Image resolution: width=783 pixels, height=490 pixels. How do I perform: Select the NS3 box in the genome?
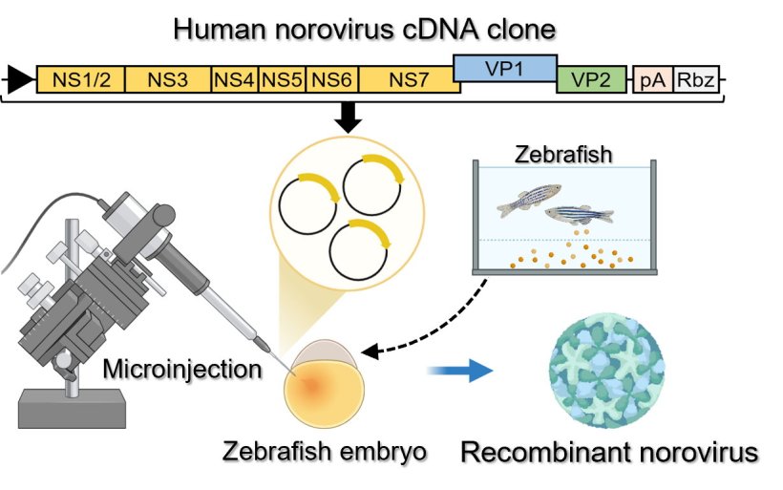(168, 80)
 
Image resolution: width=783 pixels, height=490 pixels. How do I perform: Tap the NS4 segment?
(235, 80)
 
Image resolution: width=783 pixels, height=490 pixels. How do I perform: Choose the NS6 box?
(332, 80)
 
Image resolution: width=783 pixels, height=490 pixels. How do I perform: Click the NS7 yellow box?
(409, 80)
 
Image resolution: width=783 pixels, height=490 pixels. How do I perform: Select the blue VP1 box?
(504, 67)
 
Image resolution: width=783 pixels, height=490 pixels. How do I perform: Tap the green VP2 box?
(592, 80)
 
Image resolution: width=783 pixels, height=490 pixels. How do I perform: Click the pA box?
(653, 80)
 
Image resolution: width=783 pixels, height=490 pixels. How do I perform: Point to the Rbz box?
(696, 80)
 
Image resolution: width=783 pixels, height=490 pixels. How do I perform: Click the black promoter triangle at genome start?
(17, 79)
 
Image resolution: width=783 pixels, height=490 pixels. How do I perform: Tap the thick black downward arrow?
(350, 117)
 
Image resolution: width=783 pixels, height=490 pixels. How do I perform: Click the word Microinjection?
(181, 368)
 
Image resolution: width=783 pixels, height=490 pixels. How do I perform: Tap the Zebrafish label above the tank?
(554, 153)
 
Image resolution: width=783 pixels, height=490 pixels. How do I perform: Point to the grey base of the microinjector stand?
(72, 409)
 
